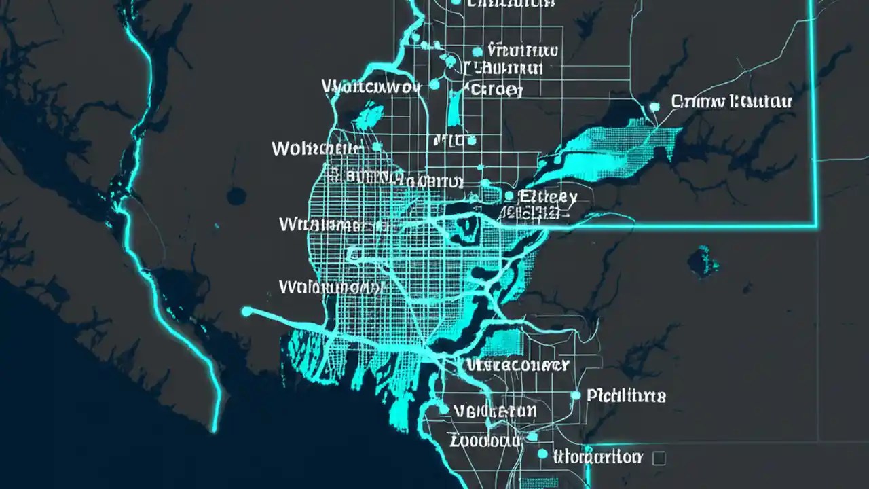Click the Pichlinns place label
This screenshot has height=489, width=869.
point(626,395)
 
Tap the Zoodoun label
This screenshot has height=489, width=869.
point(485,440)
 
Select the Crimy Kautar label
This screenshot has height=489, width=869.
point(731,103)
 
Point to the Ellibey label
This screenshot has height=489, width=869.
point(547,198)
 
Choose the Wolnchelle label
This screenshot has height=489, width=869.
point(316,148)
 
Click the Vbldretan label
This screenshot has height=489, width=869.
point(494,411)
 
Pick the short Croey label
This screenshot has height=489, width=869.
point(494,90)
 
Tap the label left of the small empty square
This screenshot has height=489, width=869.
point(597,456)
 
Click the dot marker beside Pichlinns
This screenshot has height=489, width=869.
point(576,395)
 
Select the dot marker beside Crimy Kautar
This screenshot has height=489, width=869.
point(654,106)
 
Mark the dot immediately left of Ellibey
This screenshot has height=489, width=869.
point(509,196)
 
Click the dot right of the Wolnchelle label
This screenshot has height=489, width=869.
point(377,147)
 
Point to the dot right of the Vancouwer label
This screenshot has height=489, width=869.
point(434,86)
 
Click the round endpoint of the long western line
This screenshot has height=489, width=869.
point(246,311)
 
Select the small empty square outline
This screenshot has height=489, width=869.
point(658,458)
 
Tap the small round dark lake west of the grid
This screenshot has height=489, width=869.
point(236,197)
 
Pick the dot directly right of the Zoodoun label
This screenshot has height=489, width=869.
point(532,436)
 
